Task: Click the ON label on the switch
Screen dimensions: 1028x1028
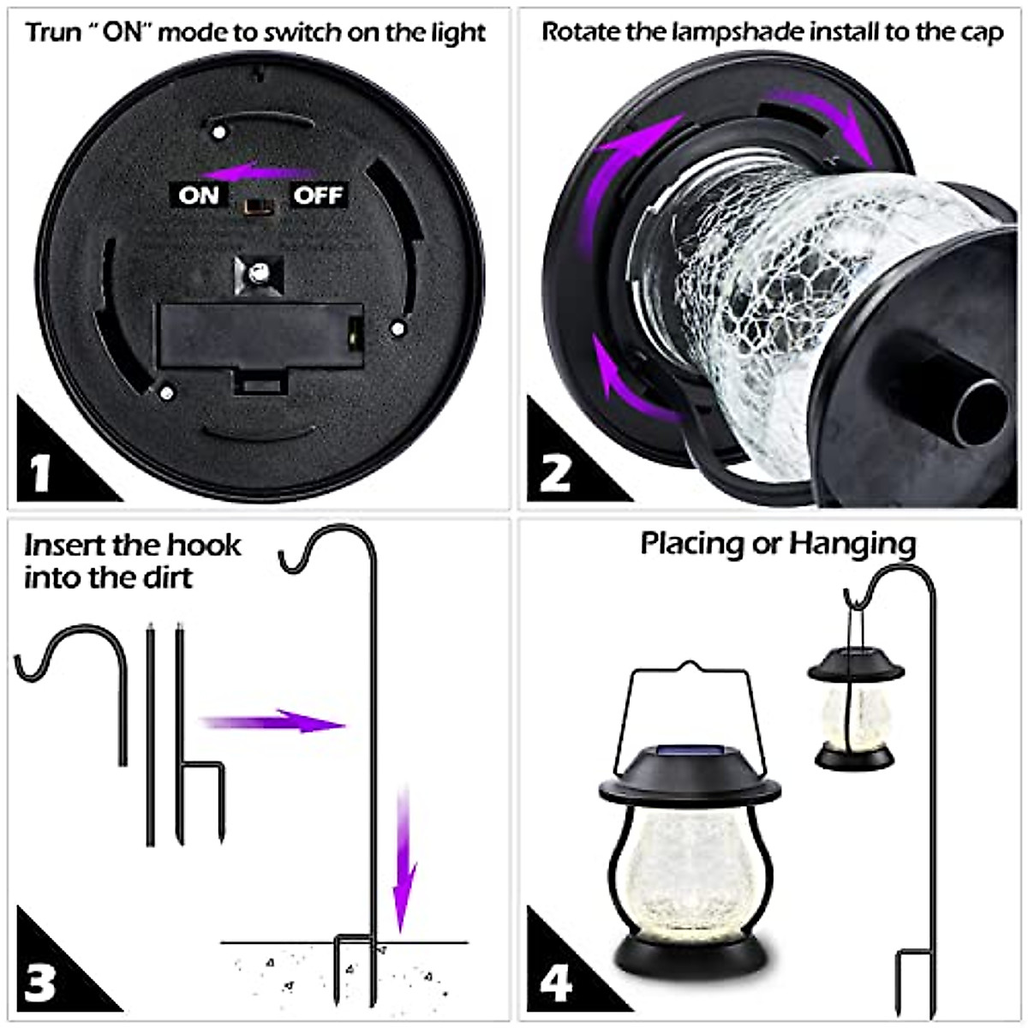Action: pos(199,195)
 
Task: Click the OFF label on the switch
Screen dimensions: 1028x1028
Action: pos(318,195)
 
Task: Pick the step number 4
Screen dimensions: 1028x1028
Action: pos(555,983)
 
